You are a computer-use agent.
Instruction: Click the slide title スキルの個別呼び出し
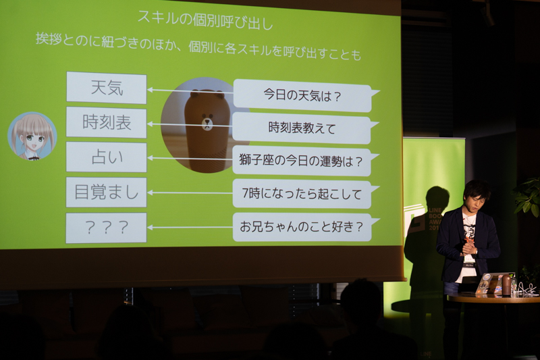(205, 20)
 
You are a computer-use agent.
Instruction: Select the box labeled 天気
(107, 88)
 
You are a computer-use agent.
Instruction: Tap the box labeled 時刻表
(107, 122)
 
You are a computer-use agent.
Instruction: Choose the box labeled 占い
(107, 157)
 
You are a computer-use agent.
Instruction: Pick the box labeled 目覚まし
(107, 192)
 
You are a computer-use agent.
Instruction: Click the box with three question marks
(107, 228)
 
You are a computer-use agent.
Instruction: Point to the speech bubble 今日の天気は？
(303, 95)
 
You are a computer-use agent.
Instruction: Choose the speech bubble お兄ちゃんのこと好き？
(302, 227)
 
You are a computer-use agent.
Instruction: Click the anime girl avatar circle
(32, 136)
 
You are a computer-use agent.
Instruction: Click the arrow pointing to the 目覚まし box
(190, 192)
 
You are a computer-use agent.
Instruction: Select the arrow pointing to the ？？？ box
(190, 228)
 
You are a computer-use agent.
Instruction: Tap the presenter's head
(476, 195)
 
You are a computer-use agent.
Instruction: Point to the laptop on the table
(493, 283)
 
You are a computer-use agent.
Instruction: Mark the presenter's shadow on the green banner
(425, 241)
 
